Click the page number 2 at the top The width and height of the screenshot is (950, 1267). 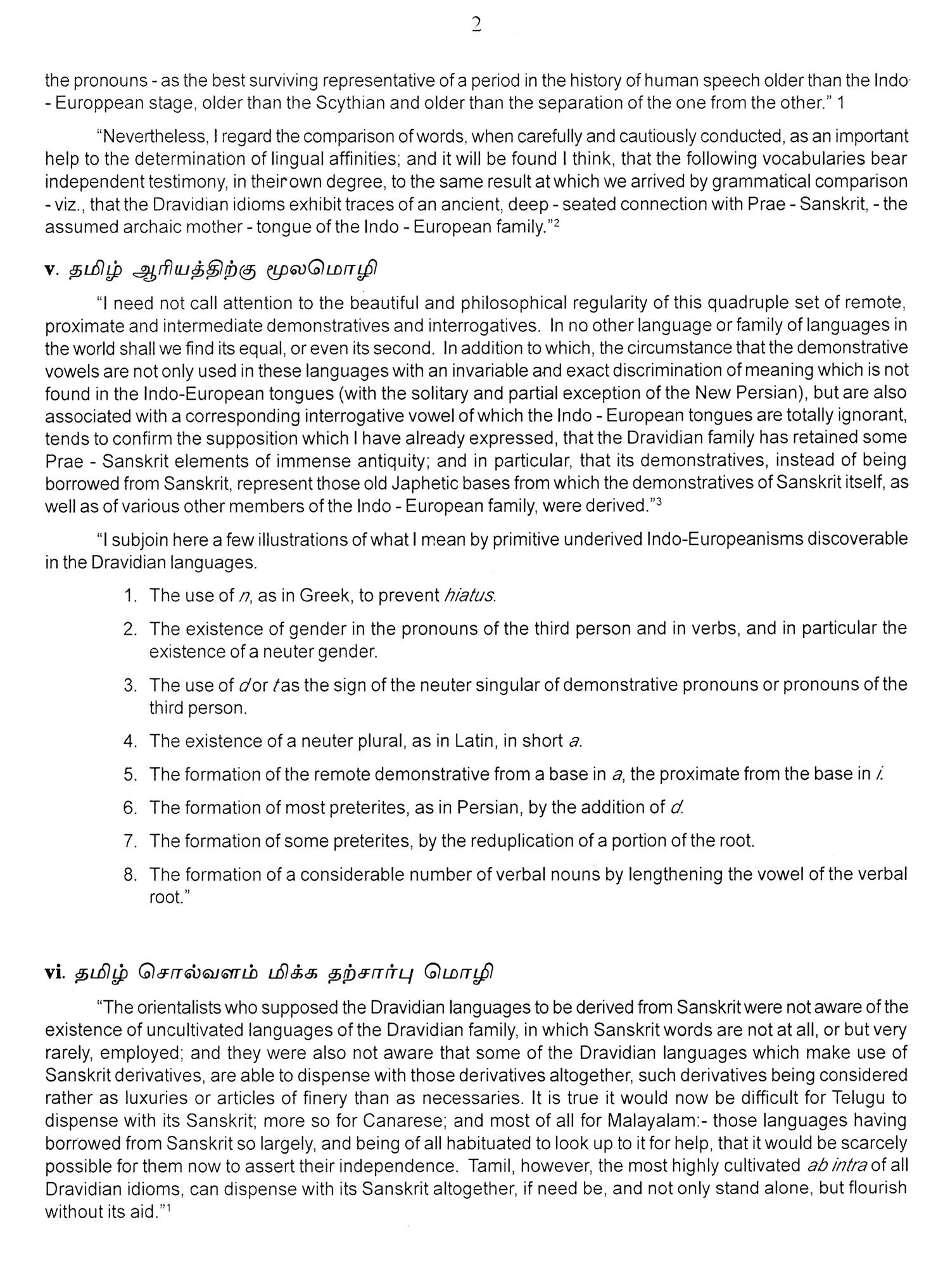tap(476, 25)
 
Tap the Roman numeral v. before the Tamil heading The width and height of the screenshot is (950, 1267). tap(52, 269)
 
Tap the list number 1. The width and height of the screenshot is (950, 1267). tap(130, 595)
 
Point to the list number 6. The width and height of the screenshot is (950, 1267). tap(130, 808)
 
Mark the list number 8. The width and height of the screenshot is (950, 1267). tap(130, 875)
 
